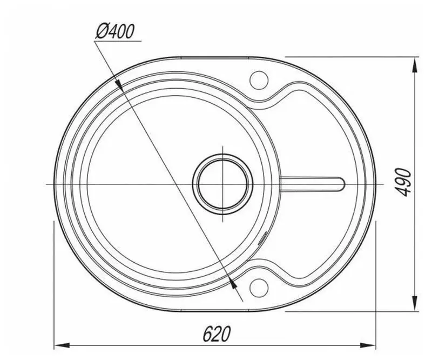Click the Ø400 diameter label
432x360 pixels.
click(114, 32)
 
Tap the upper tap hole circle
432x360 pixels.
click(258, 81)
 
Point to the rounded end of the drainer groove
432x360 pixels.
click(341, 182)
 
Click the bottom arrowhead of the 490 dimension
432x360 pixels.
click(415, 303)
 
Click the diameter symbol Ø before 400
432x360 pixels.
click(102, 32)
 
